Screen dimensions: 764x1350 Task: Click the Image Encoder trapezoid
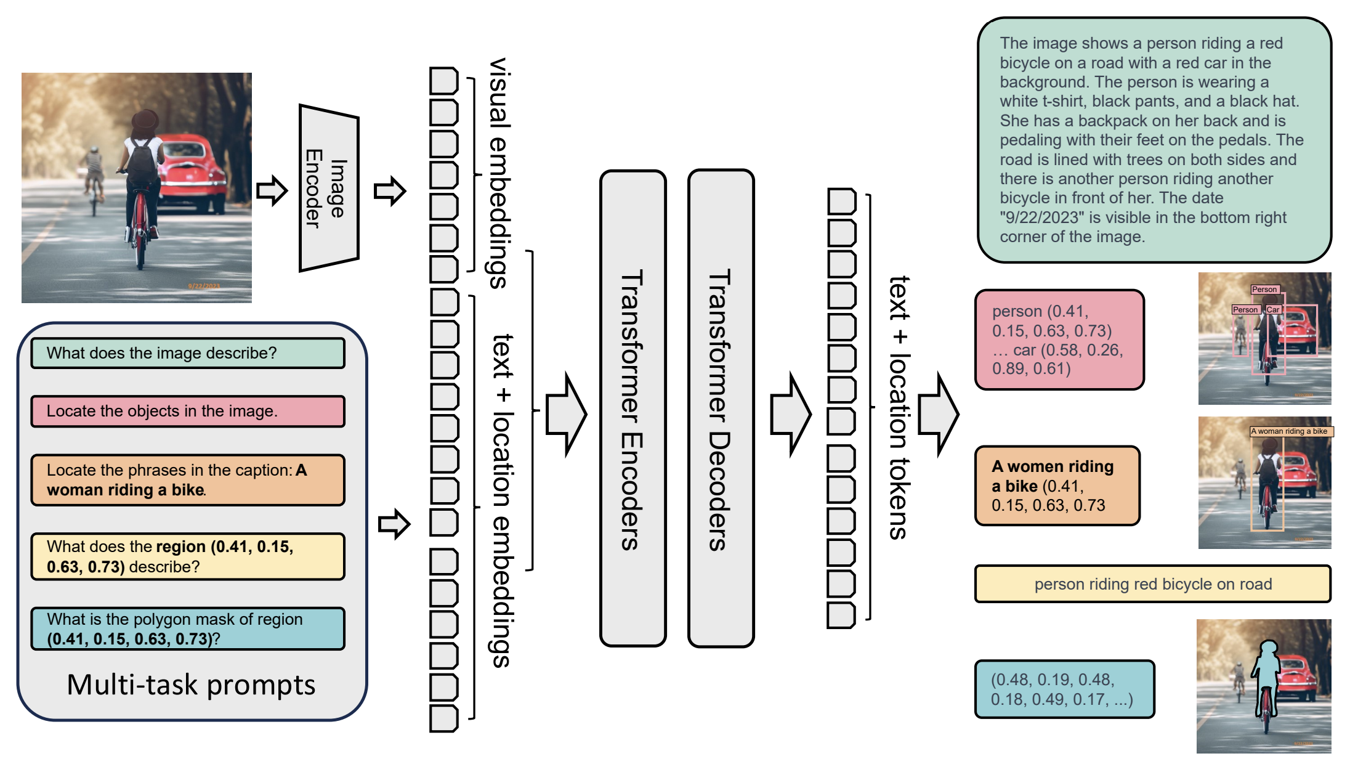(329, 188)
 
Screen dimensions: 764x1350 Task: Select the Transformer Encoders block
(633, 408)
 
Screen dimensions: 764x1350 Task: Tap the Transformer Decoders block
(721, 408)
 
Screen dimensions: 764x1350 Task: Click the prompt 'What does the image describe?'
(188, 353)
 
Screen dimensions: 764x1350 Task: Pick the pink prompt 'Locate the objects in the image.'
(188, 411)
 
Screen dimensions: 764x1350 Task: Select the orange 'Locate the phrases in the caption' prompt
(188, 480)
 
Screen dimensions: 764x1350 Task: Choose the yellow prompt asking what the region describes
(188, 556)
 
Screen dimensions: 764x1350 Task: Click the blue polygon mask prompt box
(188, 628)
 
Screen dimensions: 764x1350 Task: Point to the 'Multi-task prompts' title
(191, 685)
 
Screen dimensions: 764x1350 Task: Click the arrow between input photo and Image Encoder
(272, 190)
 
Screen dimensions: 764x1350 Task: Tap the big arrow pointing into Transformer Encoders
(566, 414)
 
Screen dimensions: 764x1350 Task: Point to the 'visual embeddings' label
(499, 173)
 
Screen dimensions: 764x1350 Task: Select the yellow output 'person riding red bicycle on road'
(1152, 584)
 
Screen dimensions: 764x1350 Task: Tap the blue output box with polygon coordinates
(1064, 689)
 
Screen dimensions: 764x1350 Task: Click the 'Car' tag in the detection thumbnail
(1272, 309)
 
